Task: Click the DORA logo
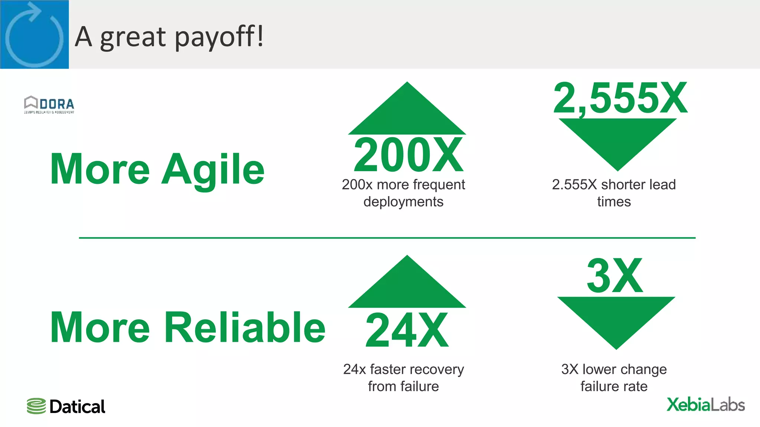click(x=49, y=105)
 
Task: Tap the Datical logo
click(x=66, y=406)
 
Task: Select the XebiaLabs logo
click(x=705, y=404)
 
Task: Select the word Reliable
click(x=245, y=328)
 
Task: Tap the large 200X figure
click(x=408, y=155)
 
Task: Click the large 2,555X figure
click(x=620, y=98)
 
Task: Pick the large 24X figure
click(x=407, y=330)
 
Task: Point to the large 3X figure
click(x=615, y=276)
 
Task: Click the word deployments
click(x=403, y=202)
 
